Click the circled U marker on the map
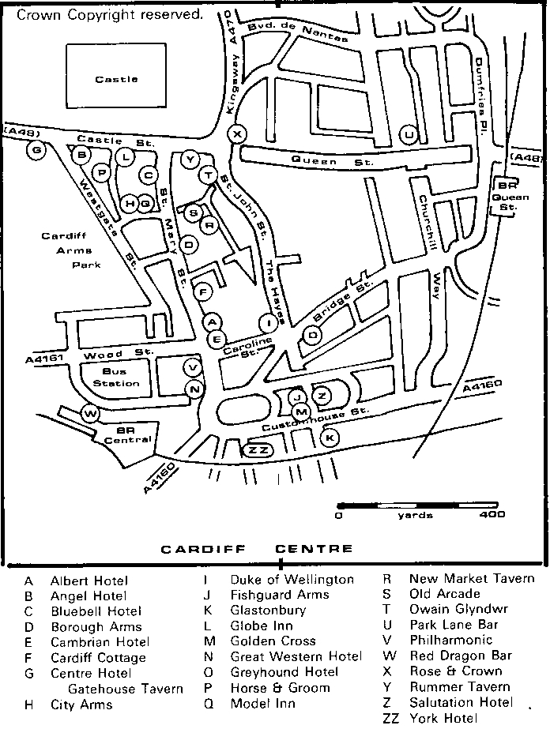coord(409,135)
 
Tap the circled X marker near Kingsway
coord(238,133)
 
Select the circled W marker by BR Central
coord(91,413)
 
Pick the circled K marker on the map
coord(330,437)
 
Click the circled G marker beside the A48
coord(36,149)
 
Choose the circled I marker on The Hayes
coord(269,322)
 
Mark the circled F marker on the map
coord(204,291)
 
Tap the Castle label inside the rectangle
coord(117,79)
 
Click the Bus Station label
coord(115,378)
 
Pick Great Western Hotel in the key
coord(296,656)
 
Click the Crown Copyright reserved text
coord(109,13)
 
